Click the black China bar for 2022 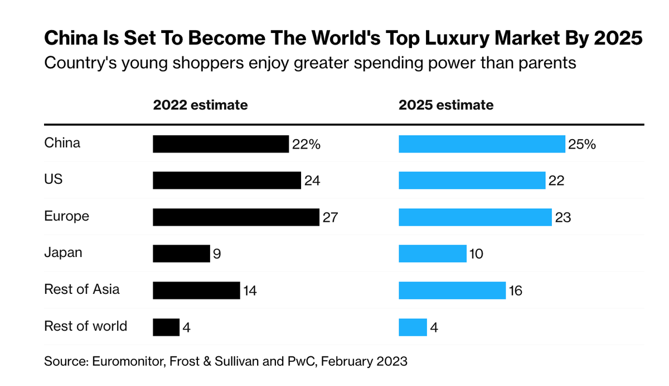221,144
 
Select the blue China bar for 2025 482,144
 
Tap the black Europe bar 236,217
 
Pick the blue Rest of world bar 413,327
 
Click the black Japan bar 181,254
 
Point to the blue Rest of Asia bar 452,290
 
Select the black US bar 227,180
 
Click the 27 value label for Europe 330,217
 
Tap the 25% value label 582,144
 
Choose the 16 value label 516,290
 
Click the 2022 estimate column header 201,104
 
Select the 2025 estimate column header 447,104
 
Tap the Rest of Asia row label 82,289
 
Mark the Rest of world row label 86,326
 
